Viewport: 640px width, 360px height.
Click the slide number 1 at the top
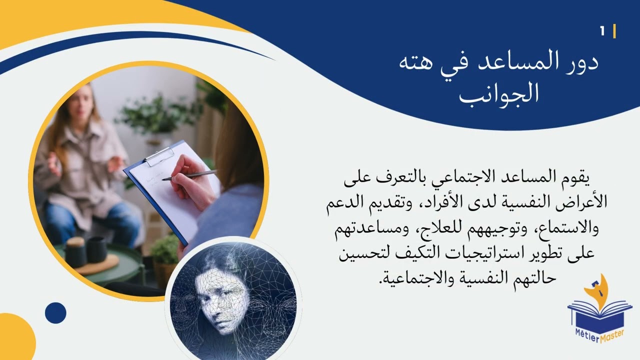[x=602, y=31]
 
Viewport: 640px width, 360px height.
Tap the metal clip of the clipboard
[x=158, y=156]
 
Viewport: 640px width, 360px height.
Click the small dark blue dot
[x=55, y=313]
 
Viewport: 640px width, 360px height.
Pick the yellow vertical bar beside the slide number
[x=614, y=31]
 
